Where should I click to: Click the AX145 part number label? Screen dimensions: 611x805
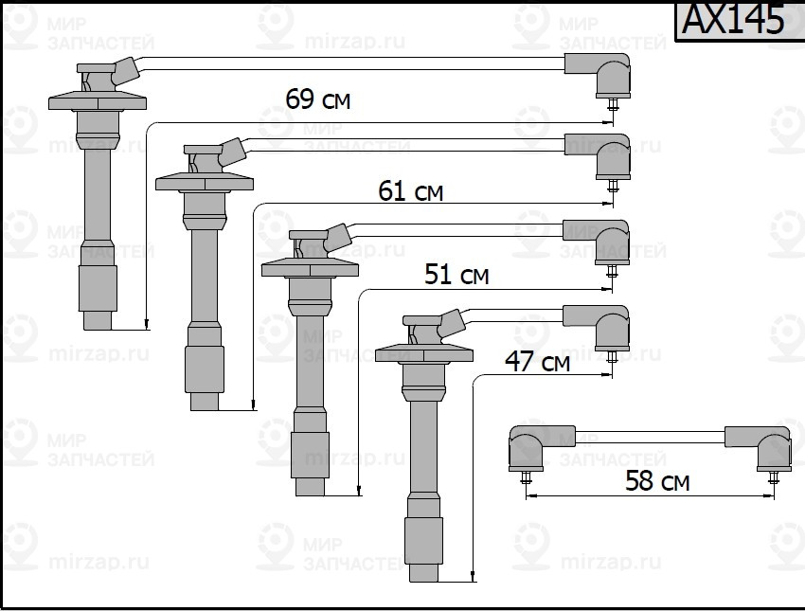(733, 21)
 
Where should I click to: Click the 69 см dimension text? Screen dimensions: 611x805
(317, 99)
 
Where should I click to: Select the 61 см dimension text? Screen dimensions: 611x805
(410, 191)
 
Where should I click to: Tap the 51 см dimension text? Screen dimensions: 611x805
(456, 275)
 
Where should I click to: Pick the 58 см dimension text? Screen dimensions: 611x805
(657, 481)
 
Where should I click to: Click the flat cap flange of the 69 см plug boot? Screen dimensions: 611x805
(98, 99)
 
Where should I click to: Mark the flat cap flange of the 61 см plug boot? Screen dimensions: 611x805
(205, 181)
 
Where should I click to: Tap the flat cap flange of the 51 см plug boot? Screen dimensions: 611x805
(310, 266)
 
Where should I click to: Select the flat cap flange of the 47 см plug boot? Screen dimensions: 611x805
(423, 352)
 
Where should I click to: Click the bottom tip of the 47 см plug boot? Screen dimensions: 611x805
(422, 574)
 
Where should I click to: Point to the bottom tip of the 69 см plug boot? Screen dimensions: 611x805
(98, 321)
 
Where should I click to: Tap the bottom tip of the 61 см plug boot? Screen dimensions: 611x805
(205, 402)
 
